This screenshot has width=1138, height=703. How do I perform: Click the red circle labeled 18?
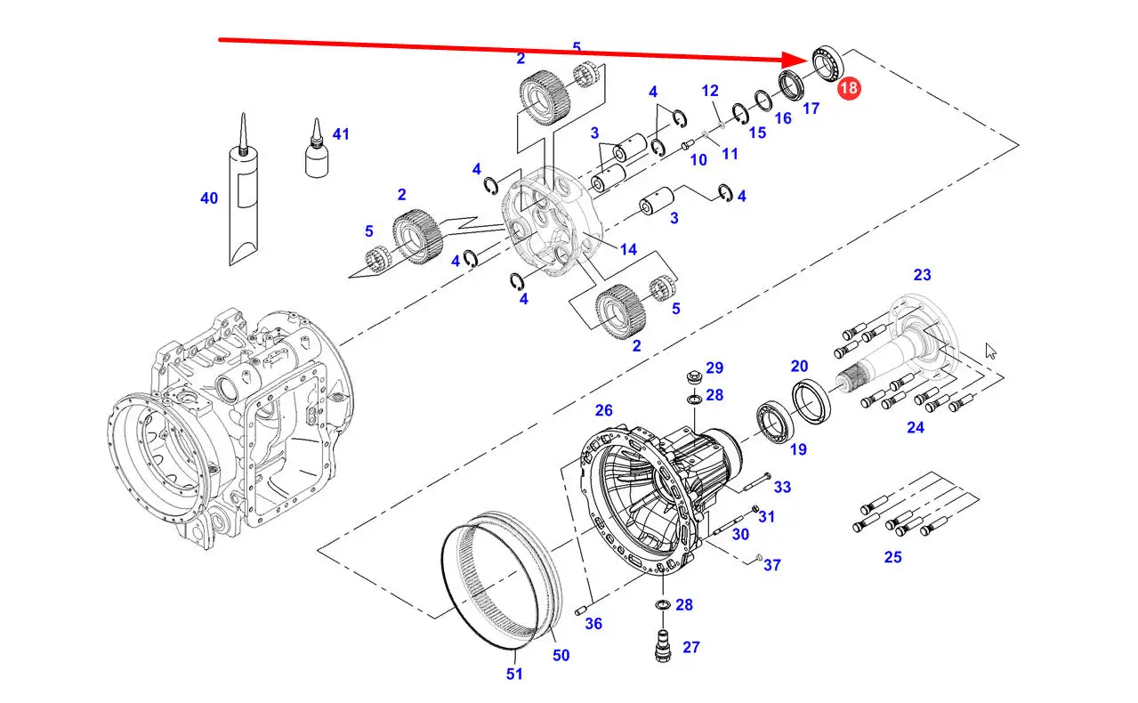coord(849,88)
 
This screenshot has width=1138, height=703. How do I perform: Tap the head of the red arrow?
coord(807,61)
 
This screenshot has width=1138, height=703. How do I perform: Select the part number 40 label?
coord(209,198)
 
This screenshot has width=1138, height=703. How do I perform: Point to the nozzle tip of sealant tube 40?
coord(244,114)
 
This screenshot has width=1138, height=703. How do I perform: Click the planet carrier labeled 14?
coord(553,222)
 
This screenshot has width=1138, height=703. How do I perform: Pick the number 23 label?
coord(922,275)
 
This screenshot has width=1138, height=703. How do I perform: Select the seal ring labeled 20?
coord(811,400)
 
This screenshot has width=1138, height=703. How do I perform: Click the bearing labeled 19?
coord(775,423)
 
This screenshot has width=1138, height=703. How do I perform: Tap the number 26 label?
coord(603,410)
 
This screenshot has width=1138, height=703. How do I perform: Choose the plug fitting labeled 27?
coord(663,646)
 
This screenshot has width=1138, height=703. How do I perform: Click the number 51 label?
coord(514,674)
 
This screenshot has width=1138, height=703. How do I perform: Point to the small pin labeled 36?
coord(581,610)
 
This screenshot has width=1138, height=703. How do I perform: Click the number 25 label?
coord(892,557)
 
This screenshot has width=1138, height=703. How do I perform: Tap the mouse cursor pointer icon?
coord(990,351)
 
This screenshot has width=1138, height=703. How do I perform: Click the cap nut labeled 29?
coord(694,377)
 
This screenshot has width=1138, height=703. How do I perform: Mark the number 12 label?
coord(710,91)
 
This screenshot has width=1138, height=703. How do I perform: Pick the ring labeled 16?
coord(763,101)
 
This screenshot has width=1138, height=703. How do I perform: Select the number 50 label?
coord(561,655)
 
